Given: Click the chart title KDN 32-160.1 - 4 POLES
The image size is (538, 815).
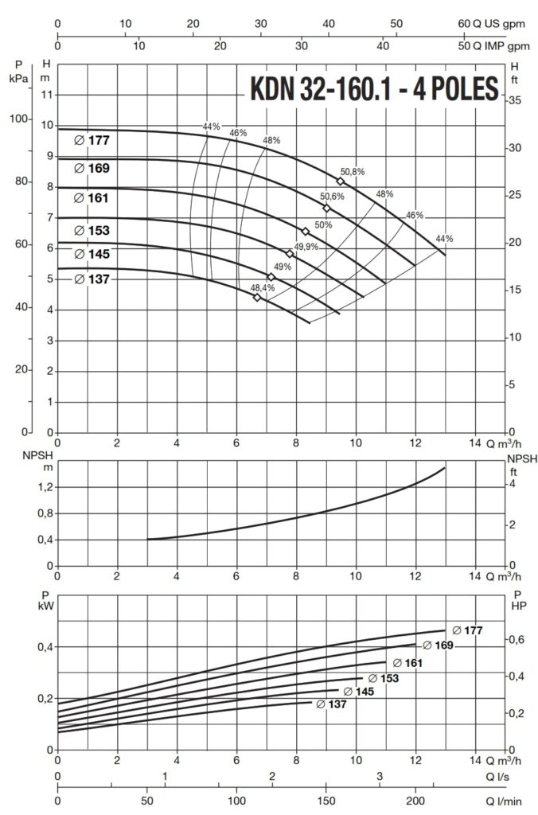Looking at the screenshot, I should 375,88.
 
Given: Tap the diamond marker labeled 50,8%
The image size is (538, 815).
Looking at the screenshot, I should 341,181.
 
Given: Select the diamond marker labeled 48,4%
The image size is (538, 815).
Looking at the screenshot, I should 257,297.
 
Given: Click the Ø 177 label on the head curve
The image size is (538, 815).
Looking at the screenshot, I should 92,140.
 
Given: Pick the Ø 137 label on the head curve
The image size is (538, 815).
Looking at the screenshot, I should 92,279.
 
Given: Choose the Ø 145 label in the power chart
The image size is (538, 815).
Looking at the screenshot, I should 357,692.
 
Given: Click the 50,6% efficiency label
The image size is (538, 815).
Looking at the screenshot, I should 332,197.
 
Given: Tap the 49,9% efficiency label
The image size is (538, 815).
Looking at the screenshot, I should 306,247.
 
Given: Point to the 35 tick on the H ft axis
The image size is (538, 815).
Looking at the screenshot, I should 515,101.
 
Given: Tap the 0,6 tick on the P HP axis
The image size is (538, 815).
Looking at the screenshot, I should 517,640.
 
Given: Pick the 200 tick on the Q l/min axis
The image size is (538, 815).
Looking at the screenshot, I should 415,801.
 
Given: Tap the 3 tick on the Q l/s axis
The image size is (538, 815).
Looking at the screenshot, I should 379,776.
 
